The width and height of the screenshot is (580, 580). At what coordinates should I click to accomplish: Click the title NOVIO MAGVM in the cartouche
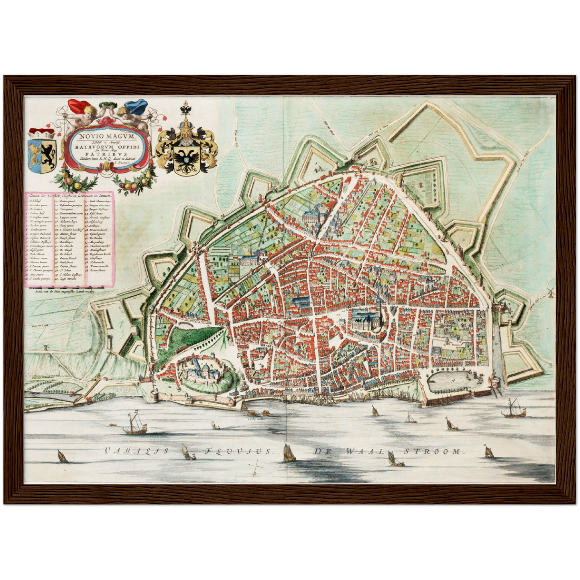pyautogui.click(x=108, y=136)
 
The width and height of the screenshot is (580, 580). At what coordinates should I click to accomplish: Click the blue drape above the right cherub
pyautogui.click(x=136, y=106)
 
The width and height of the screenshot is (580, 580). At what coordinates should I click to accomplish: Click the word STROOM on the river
pyautogui.click(x=431, y=451)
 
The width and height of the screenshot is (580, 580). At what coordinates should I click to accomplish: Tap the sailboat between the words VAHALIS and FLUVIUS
pyautogui.click(x=187, y=452)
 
